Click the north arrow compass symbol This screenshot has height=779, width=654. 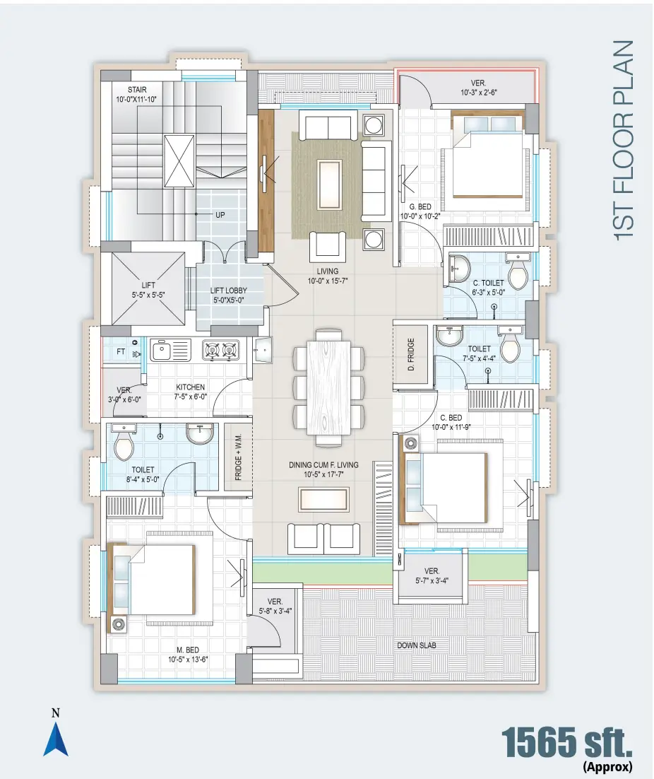pos(56,739)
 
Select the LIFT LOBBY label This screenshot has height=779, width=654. pos(229,291)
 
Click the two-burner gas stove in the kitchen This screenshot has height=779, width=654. pos(221,350)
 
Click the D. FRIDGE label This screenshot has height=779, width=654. pos(411,354)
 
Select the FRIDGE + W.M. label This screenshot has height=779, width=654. pos(238,457)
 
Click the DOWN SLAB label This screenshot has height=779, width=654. pos(417,645)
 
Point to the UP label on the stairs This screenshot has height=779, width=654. pos(220,215)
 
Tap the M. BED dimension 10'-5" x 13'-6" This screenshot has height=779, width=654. pos(188,660)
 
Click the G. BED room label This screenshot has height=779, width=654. pos(420,206)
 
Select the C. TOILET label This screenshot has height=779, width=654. pos(488,283)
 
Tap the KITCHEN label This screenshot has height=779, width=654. pos(191,387)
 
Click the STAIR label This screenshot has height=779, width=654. pos(137,90)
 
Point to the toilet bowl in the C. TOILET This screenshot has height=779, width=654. pos(518,271)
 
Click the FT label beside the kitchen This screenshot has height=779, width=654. pos(121,351)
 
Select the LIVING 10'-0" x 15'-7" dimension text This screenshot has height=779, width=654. pos(328,281)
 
